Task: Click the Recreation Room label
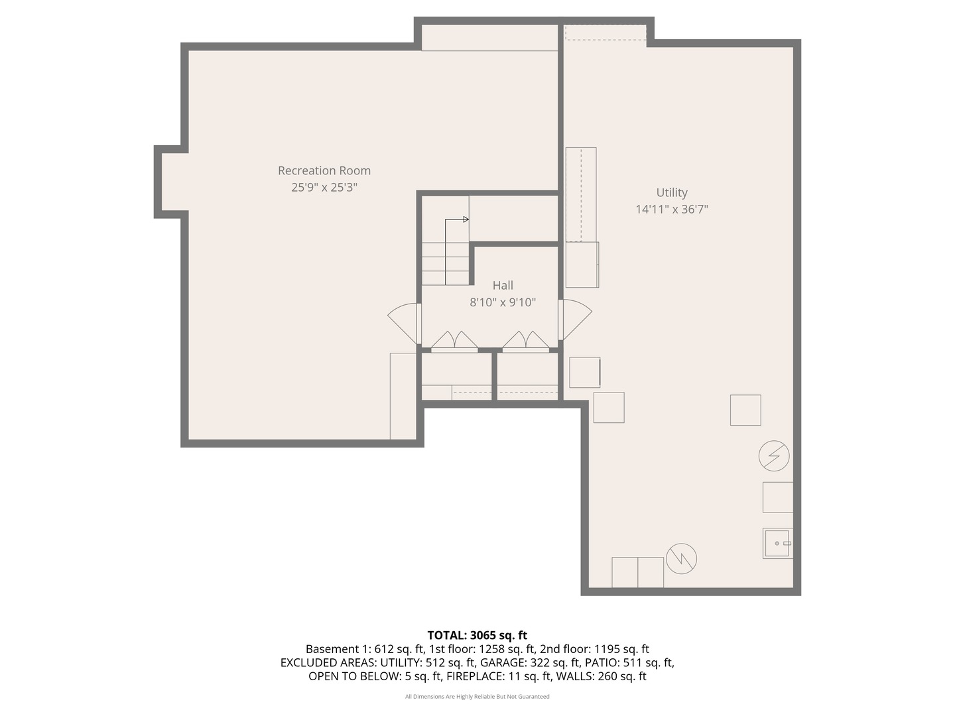pos(324,170)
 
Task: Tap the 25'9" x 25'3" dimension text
pos(324,188)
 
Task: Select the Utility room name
pos(672,192)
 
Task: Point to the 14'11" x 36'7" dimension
pos(672,209)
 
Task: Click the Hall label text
pos(503,285)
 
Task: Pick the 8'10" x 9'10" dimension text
pos(503,302)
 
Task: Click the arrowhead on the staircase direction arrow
pos(466,219)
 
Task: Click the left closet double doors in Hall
pos(454,341)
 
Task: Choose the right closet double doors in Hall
pos(526,341)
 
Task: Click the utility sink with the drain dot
pos(777,543)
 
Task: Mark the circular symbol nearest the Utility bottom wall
pos(681,559)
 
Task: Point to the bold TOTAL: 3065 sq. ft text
pos(477,635)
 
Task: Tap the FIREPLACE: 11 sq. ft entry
pos(498,676)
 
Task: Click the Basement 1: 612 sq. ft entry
pos(365,649)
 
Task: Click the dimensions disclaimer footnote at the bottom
pos(477,697)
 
